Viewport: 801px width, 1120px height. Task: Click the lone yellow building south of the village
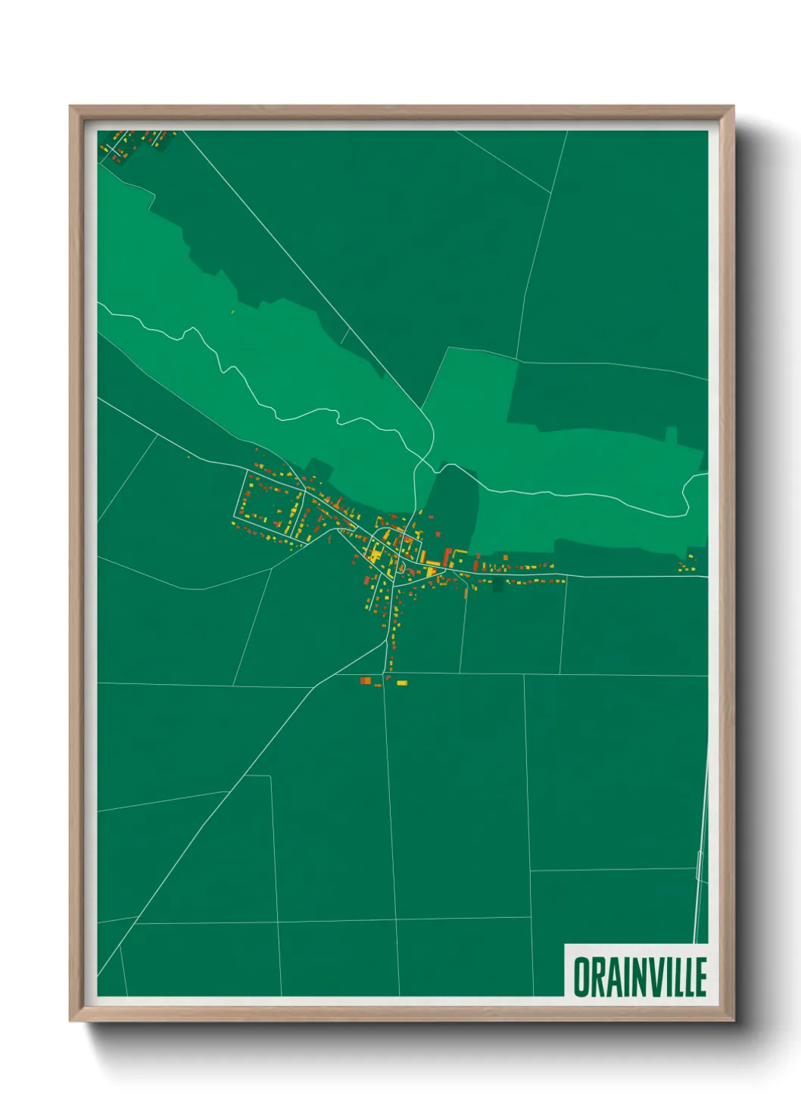402,683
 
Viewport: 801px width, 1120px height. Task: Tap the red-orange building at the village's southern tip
366,681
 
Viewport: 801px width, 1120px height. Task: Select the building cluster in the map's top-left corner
132,144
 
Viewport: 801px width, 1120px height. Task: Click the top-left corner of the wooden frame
70,107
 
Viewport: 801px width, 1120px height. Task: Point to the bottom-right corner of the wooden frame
733,1020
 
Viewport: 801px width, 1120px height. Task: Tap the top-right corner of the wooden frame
733,107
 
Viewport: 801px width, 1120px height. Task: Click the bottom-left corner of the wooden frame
70,1020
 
